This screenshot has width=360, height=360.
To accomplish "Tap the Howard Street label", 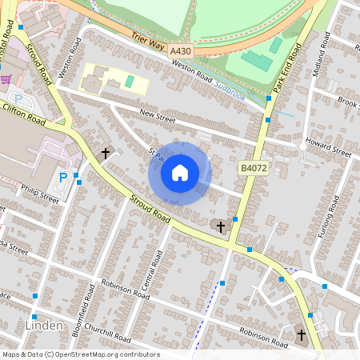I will coord(328,148).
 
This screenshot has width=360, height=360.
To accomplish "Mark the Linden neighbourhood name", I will coord(44,326).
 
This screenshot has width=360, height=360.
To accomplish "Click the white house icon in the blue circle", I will coord(180,173).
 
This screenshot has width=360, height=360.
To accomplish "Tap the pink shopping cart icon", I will coord(6,80).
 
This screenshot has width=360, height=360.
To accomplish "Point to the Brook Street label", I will coord(347,102).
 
